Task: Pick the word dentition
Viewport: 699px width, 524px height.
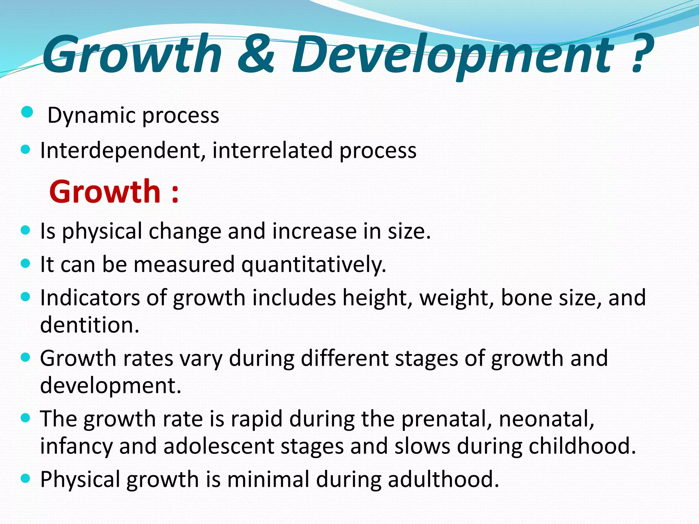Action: pyautogui.click(x=89, y=325)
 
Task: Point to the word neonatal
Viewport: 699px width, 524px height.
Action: pyautogui.click(x=546, y=419)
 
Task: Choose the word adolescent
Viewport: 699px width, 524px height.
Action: pyautogui.click(x=219, y=446)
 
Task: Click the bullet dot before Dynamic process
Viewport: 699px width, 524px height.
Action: pyautogui.click(x=27, y=112)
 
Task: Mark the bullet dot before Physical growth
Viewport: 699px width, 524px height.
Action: pyautogui.click(x=26, y=478)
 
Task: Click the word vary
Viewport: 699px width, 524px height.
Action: pyautogui.click(x=201, y=359)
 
